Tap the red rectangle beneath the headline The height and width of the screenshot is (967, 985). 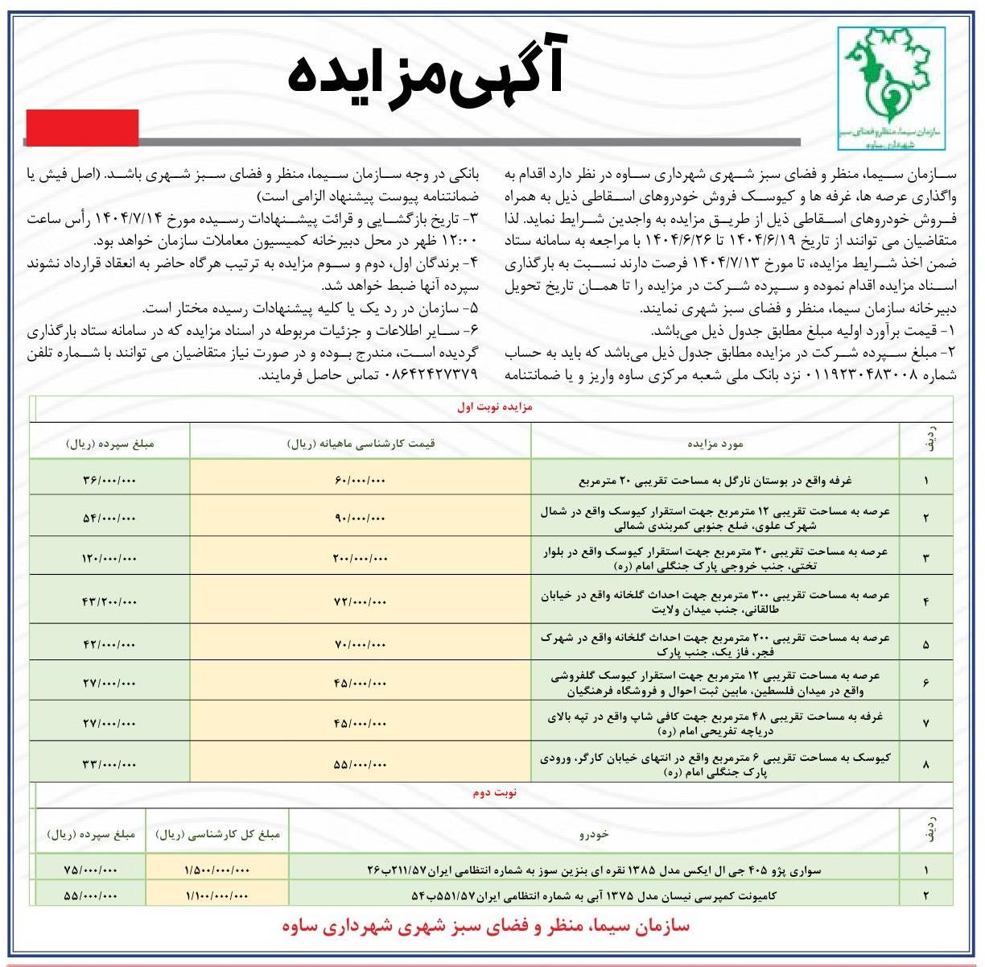click(81, 127)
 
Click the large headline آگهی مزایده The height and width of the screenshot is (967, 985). click(426, 75)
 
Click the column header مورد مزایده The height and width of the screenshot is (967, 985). click(715, 443)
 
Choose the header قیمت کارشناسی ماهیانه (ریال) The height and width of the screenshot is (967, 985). click(361, 443)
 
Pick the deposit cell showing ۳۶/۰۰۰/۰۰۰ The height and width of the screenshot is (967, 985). click(109, 481)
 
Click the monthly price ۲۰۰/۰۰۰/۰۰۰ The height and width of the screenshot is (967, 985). click(360, 557)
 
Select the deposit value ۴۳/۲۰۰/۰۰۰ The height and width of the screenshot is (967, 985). click(109, 601)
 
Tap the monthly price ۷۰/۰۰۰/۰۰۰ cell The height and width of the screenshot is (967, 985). click(360, 644)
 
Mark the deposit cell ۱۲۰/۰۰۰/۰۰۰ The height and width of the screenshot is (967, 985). click(109, 557)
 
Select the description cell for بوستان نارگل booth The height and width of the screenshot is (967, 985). click(715, 481)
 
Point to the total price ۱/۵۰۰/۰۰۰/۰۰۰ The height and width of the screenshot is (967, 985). click(217, 870)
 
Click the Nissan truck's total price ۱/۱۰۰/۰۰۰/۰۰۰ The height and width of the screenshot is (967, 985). click(217, 895)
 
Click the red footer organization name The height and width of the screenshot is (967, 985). click(486, 926)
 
